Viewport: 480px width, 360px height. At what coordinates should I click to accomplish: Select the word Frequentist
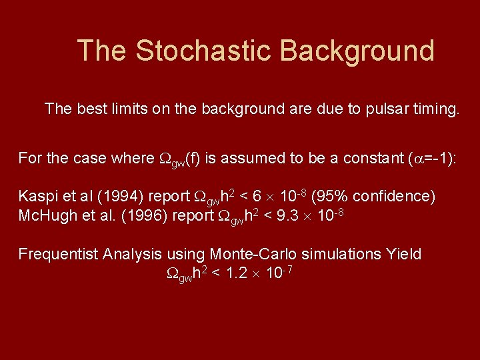tap(60, 254)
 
